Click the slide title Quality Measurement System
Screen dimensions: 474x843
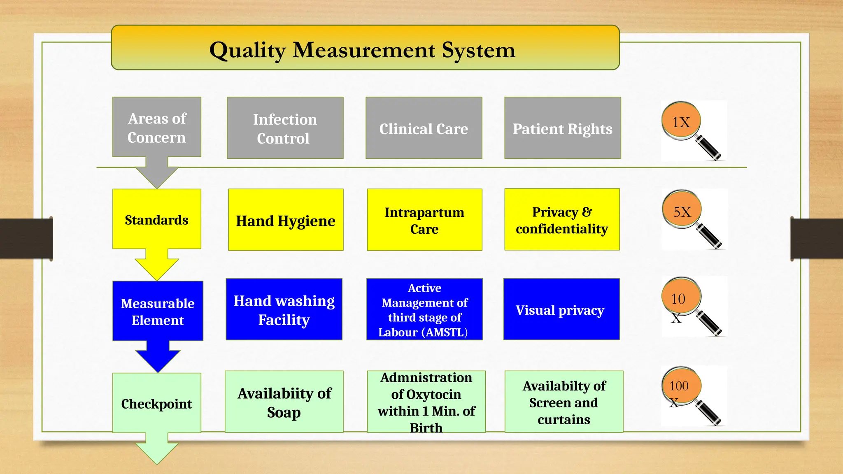point(362,50)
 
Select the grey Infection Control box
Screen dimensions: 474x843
point(285,128)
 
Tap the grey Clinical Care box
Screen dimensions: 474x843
point(424,128)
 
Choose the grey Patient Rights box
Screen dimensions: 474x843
point(562,128)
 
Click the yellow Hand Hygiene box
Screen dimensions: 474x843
point(286,220)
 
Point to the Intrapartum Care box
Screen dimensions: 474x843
point(424,220)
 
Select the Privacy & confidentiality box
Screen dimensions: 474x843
point(562,220)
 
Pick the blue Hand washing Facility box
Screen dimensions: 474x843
point(284,309)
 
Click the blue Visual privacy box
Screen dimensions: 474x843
point(561,309)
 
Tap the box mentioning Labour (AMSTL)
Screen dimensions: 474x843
point(424,309)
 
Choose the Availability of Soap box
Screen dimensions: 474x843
point(284,402)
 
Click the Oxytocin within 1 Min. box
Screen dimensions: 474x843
point(426,402)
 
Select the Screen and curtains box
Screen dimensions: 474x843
point(564,402)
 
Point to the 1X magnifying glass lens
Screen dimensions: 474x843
point(681,121)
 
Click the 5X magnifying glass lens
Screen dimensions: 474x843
point(682,211)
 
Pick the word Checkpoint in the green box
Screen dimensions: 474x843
point(156,404)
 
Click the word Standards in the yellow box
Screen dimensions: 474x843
point(156,220)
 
